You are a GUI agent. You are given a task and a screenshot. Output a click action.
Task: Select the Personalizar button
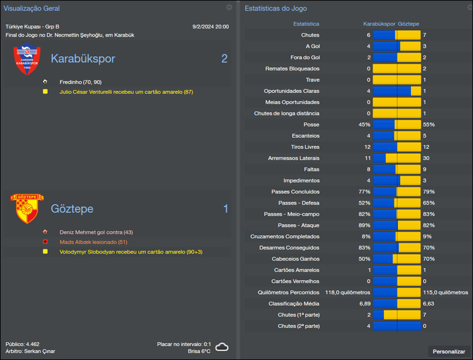click(x=449, y=351)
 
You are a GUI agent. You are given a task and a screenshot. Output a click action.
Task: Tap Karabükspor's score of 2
click(x=224, y=59)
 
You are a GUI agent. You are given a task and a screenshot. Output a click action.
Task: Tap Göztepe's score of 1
click(x=225, y=209)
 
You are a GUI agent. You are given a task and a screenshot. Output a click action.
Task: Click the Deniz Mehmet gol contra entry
click(x=96, y=232)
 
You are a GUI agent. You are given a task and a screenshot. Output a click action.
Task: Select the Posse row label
click(x=312, y=125)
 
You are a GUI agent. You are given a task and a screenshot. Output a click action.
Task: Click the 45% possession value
click(x=364, y=125)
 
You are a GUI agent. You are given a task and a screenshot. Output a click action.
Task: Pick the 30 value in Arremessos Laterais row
click(x=426, y=158)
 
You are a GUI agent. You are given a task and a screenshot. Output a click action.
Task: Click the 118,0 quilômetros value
click(x=348, y=293)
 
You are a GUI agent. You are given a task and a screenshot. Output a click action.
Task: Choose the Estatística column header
click(x=306, y=24)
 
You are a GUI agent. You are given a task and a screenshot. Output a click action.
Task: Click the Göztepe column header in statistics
click(x=409, y=24)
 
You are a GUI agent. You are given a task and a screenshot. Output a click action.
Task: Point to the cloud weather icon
click(x=222, y=348)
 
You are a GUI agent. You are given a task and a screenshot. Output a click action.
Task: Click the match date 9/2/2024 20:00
click(x=210, y=27)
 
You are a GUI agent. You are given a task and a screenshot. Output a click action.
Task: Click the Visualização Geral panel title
click(x=31, y=8)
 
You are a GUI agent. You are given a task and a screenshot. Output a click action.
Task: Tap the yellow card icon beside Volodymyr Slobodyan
click(x=45, y=252)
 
